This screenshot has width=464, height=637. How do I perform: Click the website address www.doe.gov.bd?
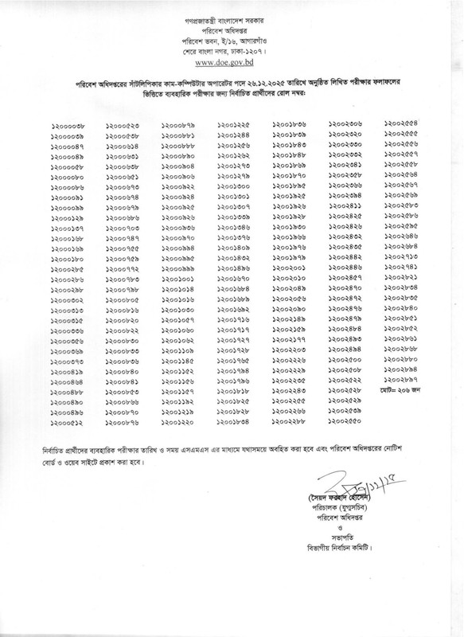tap(230, 57)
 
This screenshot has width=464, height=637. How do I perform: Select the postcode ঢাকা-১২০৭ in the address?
tap(253, 46)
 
